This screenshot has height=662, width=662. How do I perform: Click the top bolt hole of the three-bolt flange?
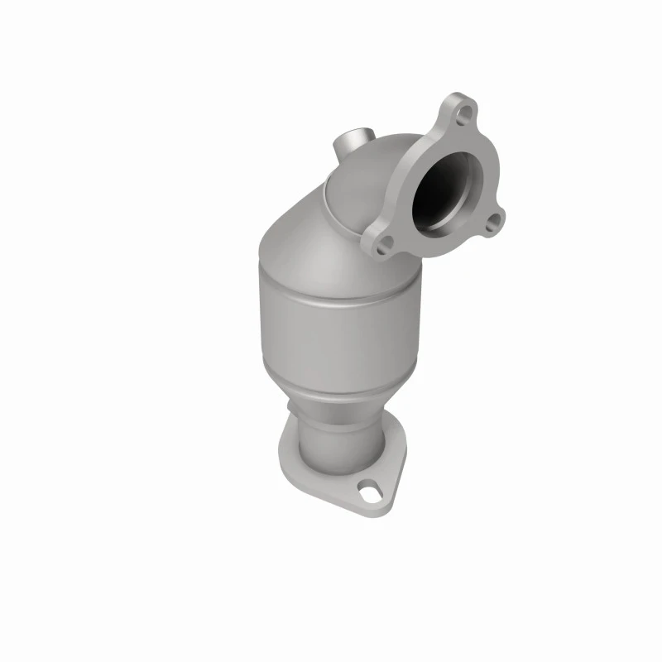(466, 110)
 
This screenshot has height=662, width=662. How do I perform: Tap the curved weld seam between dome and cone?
(327, 199)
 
